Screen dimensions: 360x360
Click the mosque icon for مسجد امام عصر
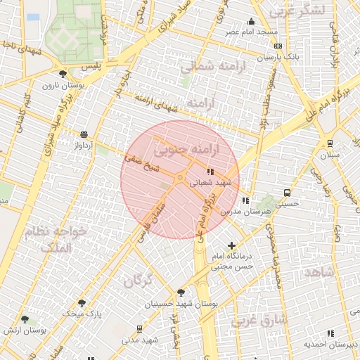pyautogui.click(x=251, y=22)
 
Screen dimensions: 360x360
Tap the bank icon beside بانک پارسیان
pyautogui.click(x=278, y=46)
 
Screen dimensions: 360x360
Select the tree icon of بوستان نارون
pyautogui.click(x=63, y=74)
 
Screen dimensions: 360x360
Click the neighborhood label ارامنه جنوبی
pyautogui.click(x=186, y=149)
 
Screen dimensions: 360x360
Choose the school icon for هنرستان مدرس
pyautogui.click(x=245, y=201)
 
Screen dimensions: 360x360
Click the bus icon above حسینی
pyautogui.click(x=287, y=192)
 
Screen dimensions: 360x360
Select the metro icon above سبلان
pyautogui.click(x=329, y=143)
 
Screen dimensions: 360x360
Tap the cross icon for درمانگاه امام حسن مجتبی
pyautogui.click(x=231, y=245)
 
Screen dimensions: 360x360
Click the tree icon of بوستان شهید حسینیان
pyautogui.click(x=181, y=292)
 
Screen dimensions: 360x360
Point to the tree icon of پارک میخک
pyautogui.click(x=82, y=303)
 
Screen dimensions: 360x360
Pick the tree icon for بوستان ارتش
pyautogui.click(x=25, y=319)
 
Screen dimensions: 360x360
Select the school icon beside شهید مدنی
pyautogui.click(x=139, y=328)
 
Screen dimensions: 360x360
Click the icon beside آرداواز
pyautogui.click(x=84, y=134)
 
